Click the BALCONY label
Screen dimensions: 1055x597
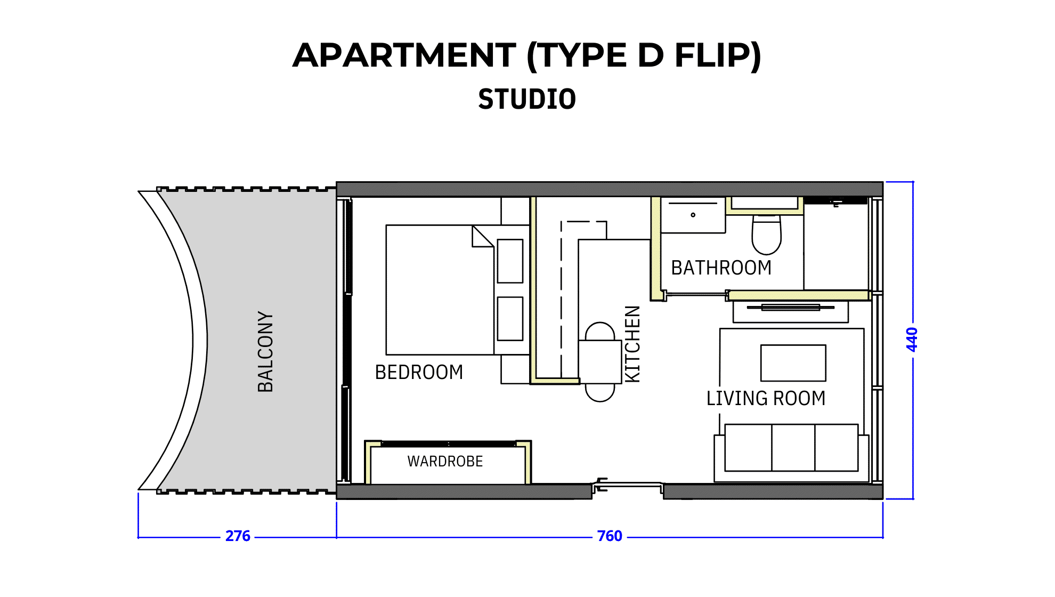[x=265, y=352]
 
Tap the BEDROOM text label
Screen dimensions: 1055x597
[x=419, y=372]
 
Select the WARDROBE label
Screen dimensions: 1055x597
[x=445, y=461]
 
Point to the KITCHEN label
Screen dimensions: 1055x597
[x=632, y=344]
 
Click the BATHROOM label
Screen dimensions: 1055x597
[x=721, y=268]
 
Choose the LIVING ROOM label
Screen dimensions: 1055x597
[x=766, y=398]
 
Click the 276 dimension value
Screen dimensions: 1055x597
[x=238, y=536]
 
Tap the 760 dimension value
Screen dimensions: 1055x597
[x=610, y=536]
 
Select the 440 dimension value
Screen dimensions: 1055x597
[x=912, y=340]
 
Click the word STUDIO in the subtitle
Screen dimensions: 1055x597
[x=527, y=99]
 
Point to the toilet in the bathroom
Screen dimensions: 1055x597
[x=766, y=235]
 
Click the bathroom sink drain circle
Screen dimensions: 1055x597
[x=693, y=215]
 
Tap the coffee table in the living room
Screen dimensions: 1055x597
[x=793, y=363]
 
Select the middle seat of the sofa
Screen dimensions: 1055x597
[x=793, y=448]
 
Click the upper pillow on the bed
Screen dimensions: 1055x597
[x=510, y=261]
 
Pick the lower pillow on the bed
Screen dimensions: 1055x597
[x=510, y=319]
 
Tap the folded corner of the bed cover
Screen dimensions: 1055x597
[x=483, y=236]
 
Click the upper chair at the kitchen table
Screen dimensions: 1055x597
[x=600, y=331]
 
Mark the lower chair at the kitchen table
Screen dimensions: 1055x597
[x=600, y=392]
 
